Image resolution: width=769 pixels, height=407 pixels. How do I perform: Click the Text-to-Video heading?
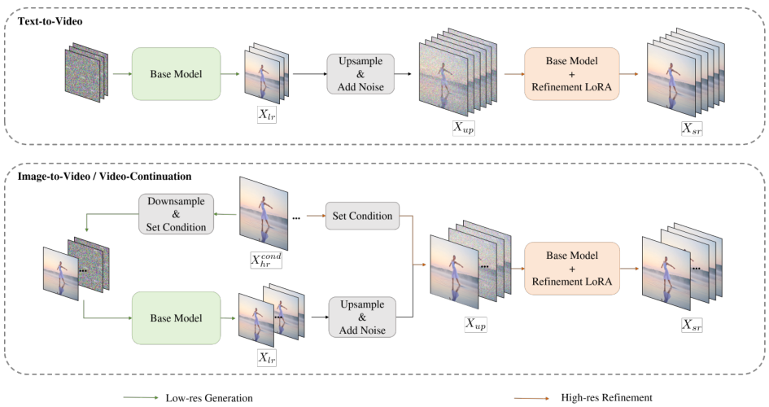coord(50,21)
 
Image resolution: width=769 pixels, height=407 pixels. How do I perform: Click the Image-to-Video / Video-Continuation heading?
coord(104,176)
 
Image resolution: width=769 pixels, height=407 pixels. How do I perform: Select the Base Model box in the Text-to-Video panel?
coord(176,74)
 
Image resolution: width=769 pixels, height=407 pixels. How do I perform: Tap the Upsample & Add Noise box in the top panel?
coord(360,74)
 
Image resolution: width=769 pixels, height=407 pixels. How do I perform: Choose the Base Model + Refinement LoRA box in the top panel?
coord(572,74)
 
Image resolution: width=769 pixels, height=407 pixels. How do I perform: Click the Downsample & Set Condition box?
coord(176,214)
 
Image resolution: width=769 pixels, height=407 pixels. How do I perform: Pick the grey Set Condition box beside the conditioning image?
coord(362,216)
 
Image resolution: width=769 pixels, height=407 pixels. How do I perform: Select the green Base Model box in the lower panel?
coord(176,318)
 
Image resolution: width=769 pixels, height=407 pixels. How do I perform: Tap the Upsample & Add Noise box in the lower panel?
coord(362,317)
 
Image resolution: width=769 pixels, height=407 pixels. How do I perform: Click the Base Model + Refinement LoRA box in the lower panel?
coord(572,269)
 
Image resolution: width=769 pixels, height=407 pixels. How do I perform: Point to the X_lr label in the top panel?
coord(267,114)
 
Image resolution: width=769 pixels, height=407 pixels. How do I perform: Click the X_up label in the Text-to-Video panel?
coord(464,127)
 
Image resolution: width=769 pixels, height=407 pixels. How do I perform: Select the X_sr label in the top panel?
coord(692,128)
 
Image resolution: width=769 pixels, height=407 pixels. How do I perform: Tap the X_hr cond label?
coord(266,260)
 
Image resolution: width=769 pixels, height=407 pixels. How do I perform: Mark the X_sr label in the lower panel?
coord(692,324)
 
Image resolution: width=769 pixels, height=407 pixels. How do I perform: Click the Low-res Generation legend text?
coord(209,398)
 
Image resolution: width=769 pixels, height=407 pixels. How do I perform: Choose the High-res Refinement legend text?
coord(607,398)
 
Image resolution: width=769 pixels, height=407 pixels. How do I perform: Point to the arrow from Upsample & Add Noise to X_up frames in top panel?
coord(403,74)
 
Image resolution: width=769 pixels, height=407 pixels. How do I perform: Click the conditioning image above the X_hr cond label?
coord(264,213)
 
